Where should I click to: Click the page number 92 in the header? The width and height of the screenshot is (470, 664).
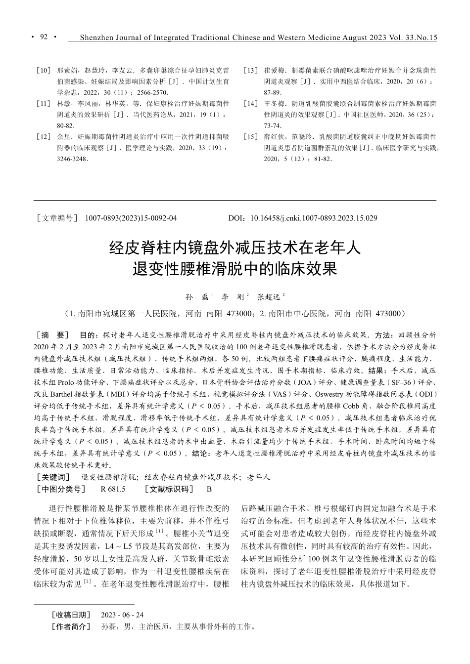coord(44,37)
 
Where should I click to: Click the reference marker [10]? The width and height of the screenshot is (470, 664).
coord(44,71)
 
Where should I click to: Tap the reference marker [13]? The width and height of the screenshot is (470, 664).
coord(251,71)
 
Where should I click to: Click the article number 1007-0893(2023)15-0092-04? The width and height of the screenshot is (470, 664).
coord(131,218)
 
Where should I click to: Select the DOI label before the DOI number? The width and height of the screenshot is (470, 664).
coord(236,218)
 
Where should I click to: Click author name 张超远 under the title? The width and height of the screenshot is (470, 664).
coord(269,297)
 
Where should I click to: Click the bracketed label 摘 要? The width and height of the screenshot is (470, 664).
coord(53,334)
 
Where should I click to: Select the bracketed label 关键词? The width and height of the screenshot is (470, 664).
coord(53,477)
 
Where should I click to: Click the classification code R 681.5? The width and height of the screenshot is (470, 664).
coord(113,489)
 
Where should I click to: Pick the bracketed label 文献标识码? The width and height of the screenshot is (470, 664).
coord(169,489)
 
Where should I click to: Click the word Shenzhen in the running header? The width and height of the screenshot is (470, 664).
coord(98,38)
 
